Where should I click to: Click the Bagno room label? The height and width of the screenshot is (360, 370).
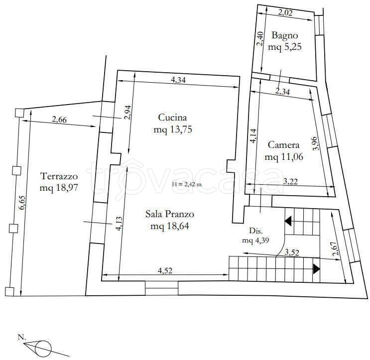(x=284, y=35)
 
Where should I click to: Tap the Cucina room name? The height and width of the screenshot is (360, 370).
(x=172, y=117)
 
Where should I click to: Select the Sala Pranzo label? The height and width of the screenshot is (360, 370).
(x=170, y=214)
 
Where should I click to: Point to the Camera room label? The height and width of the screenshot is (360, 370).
(x=284, y=144)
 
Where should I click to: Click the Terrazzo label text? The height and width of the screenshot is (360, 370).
(x=59, y=176)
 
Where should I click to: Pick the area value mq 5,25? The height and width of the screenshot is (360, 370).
(x=284, y=47)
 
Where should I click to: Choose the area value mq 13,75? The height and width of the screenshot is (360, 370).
(x=173, y=129)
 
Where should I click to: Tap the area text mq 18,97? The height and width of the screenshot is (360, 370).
(x=59, y=188)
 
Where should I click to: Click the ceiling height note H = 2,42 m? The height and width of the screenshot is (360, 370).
(x=187, y=185)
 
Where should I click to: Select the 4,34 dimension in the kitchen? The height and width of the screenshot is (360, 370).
(x=178, y=80)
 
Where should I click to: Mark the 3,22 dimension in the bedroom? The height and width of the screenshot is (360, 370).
(x=290, y=181)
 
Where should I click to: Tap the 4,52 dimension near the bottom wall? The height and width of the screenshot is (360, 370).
(x=165, y=270)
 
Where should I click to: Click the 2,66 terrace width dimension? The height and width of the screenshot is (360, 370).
(x=59, y=120)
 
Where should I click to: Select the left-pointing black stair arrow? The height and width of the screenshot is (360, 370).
(x=288, y=221)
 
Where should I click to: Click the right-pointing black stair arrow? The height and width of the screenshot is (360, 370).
(x=316, y=269)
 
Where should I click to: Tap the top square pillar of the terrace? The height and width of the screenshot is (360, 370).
(x=19, y=113)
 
